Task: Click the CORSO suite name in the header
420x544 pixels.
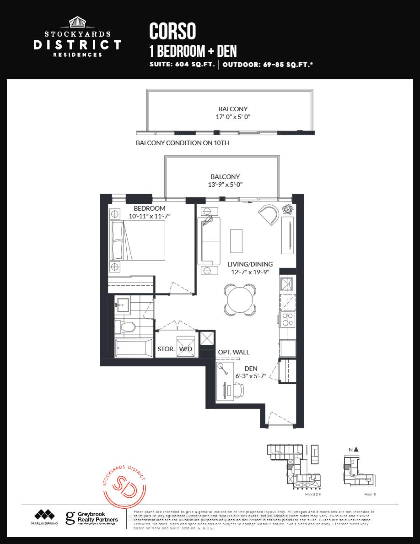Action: (x=172, y=31)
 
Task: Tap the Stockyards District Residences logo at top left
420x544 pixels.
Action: (x=77, y=38)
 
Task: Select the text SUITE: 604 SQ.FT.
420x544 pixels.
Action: (x=182, y=65)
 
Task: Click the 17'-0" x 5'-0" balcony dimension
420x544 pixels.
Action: (x=233, y=117)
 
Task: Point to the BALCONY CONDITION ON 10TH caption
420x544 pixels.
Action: (x=183, y=143)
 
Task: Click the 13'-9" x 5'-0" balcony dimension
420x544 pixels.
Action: (x=226, y=185)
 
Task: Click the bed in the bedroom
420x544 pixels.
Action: (x=137, y=240)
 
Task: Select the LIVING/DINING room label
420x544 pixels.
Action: (x=250, y=264)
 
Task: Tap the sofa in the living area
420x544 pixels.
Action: (x=209, y=240)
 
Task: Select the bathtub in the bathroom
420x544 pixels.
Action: (x=133, y=348)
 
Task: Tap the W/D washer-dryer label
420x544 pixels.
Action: (x=186, y=349)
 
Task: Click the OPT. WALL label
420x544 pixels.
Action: (x=233, y=352)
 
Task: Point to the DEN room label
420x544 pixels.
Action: (x=251, y=368)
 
